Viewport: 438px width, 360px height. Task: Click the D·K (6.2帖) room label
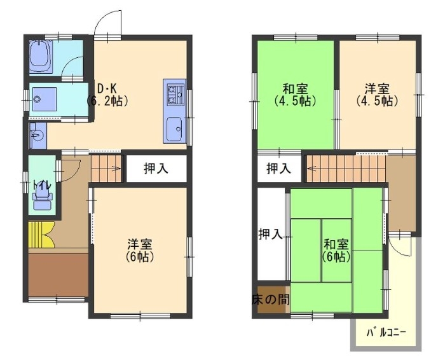click(x=107, y=95)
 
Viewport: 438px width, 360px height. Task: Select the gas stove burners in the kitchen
click(x=175, y=95)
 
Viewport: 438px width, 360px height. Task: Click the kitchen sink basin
click(x=174, y=129)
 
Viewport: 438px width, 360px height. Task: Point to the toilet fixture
click(x=42, y=197)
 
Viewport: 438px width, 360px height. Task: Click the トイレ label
click(x=42, y=185)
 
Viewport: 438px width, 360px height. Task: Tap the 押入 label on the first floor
click(x=156, y=169)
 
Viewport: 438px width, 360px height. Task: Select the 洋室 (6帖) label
click(x=140, y=251)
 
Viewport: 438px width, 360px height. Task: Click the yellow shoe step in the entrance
click(x=41, y=235)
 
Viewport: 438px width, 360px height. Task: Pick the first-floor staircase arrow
click(x=116, y=169)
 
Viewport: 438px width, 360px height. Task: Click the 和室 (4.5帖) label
click(x=295, y=95)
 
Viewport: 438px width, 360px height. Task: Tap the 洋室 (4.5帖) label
click(x=377, y=95)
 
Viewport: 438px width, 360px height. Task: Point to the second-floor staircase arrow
click(x=311, y=169)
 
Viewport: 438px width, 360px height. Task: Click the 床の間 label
click(x=270, y=300)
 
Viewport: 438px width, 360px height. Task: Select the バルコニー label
click(x=387, y=333)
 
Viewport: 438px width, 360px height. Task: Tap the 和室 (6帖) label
click(x=336, y=251)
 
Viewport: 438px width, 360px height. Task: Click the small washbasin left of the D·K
click(x=37, y=136)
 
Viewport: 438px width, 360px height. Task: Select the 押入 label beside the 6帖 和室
click(x=270, y=234)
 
